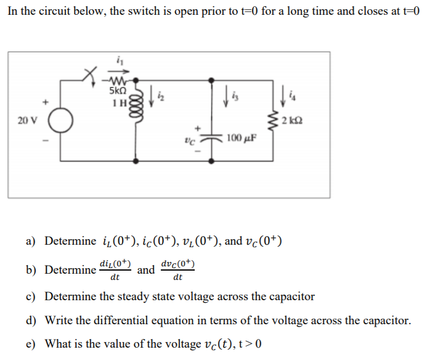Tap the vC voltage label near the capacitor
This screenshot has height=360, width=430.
[x=192, y=140]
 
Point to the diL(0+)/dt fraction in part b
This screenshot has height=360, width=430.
[x=115, y=270]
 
